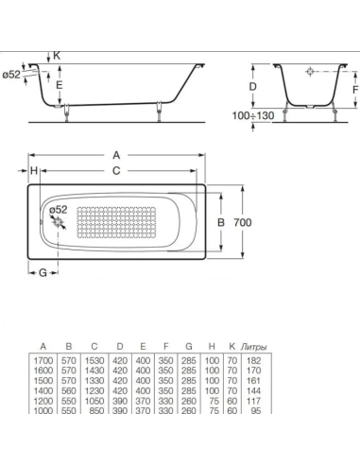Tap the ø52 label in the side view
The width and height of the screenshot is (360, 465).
12,75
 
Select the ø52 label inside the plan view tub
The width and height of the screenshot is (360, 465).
58,209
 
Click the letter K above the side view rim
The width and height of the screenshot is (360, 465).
56,57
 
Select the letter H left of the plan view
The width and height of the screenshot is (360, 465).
33,171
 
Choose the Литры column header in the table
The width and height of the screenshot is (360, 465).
253,347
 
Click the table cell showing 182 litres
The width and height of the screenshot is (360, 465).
253,360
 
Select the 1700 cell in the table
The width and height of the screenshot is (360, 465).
43,360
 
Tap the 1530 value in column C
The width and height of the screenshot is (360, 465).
94,360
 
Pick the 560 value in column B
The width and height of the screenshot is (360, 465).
69,390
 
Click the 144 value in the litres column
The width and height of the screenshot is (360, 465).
253,390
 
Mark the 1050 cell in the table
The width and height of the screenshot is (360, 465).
94,401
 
